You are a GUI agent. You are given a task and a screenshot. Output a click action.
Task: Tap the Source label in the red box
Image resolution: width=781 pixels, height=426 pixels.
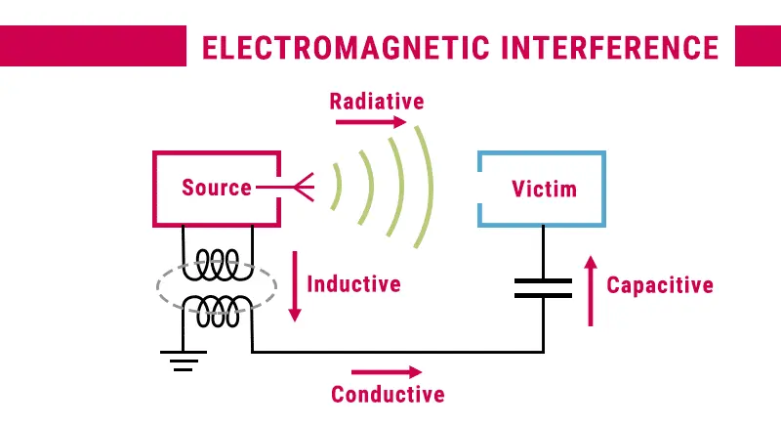(216, 188)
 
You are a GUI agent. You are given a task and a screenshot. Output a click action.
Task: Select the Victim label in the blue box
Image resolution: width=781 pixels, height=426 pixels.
(544, 188)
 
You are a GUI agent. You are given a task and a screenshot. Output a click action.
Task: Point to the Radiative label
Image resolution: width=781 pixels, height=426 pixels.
(376, 102)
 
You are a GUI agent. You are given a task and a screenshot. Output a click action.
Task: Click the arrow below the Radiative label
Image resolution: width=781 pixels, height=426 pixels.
(371, 122)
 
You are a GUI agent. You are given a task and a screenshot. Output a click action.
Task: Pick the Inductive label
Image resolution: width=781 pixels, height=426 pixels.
(353, 284)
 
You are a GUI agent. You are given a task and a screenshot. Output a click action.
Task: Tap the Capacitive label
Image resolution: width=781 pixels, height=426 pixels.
(660, 285)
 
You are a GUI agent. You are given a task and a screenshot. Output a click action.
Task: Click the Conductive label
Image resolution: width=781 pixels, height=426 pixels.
(388, 395)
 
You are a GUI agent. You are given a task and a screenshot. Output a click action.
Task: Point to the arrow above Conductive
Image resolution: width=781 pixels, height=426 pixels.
(387, 372)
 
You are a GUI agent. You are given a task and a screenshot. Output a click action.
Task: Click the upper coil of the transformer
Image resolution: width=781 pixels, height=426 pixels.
(219, 263)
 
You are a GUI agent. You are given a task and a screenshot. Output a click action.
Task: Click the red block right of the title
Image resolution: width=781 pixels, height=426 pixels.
(757, 46)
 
